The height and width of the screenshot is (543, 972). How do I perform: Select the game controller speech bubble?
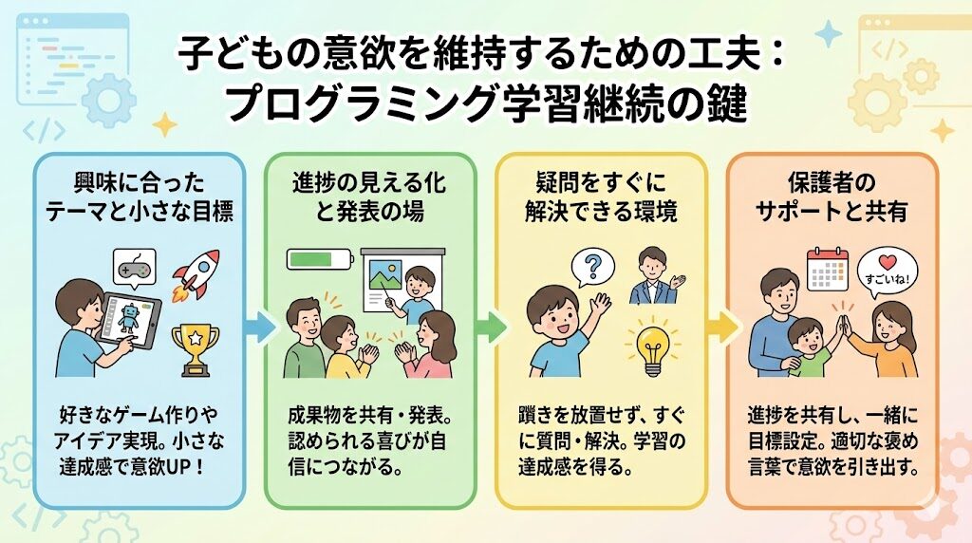click(134, 270)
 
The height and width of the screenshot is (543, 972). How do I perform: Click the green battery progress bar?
click(318, 258)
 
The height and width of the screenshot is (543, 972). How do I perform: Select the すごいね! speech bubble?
click(889, 272)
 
